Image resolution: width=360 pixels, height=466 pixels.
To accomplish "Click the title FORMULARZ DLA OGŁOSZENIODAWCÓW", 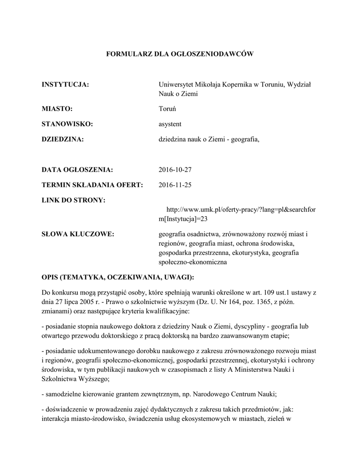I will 179,54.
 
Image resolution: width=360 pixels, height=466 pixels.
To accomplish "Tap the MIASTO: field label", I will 57,109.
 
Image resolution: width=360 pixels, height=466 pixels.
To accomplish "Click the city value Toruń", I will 167,109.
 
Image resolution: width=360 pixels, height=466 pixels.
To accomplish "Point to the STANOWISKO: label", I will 67,124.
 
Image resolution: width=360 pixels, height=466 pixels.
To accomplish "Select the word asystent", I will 170,124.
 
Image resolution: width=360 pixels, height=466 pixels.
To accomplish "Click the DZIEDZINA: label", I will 63,139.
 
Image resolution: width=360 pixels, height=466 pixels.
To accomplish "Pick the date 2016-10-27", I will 176,170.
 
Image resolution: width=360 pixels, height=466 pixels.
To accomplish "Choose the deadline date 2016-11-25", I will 176,185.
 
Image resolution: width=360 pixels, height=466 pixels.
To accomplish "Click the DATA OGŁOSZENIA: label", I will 77,170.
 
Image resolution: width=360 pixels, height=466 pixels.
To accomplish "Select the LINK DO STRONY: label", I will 73,200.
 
